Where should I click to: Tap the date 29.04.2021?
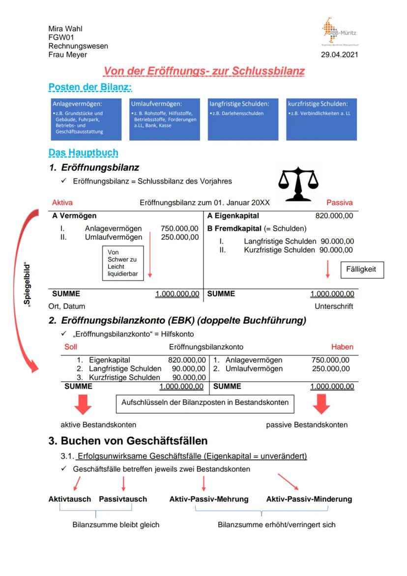(x=340, y=55)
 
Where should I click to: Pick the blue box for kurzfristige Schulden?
(x=321, y=120)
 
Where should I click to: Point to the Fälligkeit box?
(x=361, y=270)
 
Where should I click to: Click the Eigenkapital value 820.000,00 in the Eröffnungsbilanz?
(x=334, y=215)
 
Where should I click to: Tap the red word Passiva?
(x=340, y=202)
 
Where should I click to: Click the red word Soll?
(x=71, y=347)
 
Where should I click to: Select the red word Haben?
(x=342, y=347)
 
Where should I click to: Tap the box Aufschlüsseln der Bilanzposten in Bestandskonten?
(x=205, y=403)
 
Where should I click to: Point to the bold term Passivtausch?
(x=123, y=499)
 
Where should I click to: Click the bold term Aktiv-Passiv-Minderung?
(x=309, y=499)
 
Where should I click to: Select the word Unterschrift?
(x=334, y=306)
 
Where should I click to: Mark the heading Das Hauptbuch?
(x=83, y=153)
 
